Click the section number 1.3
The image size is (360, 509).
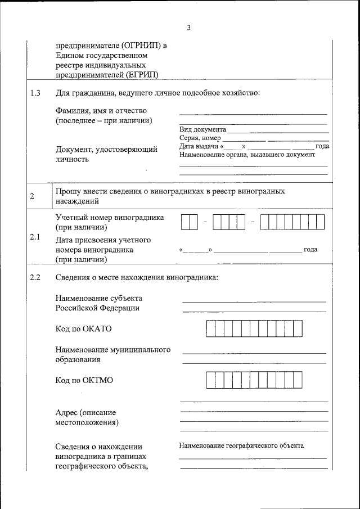tap(35, 93)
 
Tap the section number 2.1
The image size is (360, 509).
tap(35, 237)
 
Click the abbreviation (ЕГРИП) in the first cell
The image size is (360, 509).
tap(143, 74)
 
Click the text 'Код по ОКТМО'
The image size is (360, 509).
tap(84, 380)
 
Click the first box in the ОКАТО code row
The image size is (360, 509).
tap(211, 328)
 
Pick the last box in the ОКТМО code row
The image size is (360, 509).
tap(298, 380)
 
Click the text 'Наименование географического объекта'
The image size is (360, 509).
tap(241, 445)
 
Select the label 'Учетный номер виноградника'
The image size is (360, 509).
tap(110, 218)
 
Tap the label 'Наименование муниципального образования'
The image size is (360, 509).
tap(112, 354)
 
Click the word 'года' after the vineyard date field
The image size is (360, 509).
tap(310, 249)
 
